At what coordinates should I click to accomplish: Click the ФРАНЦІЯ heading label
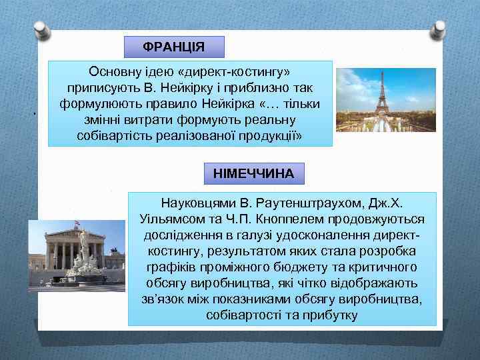tap(175, 47)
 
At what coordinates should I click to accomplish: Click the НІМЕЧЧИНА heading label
tap(253, 173)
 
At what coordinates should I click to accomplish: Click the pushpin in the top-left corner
tap(42, 29)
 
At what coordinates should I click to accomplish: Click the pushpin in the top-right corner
tap(439, 29)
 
